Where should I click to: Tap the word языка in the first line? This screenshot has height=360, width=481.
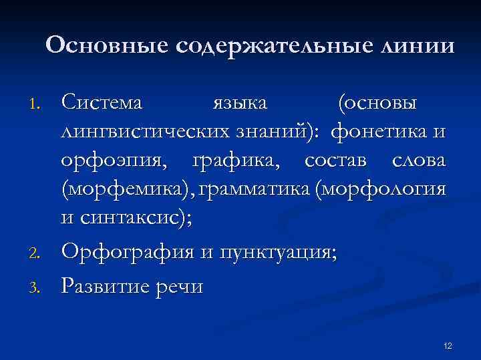tap(239, 103)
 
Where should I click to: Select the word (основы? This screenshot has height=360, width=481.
tap(378, 103)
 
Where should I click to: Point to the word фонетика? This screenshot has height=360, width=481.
tap(381, 131)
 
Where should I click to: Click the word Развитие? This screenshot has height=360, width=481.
tap(102, 286)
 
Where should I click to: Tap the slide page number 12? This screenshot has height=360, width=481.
tap(448, 345)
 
